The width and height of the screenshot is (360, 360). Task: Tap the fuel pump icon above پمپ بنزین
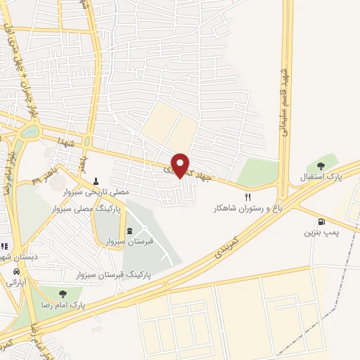(321, 221)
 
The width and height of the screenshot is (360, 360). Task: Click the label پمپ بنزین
(320, 231)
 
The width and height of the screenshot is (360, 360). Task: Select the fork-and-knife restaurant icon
(247, 198)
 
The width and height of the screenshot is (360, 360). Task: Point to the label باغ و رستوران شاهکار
(245, 209)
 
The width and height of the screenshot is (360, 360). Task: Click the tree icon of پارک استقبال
(321, 166)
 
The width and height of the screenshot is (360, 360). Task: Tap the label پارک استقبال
(335, 176)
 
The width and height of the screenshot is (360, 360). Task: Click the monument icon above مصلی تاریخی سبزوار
(96, 181)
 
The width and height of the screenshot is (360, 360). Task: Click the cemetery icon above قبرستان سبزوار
(129, 231)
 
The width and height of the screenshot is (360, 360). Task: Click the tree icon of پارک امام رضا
(63, 295)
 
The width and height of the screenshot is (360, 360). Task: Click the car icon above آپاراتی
(15, 270)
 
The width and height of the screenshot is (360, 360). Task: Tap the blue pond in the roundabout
(30, 131)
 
